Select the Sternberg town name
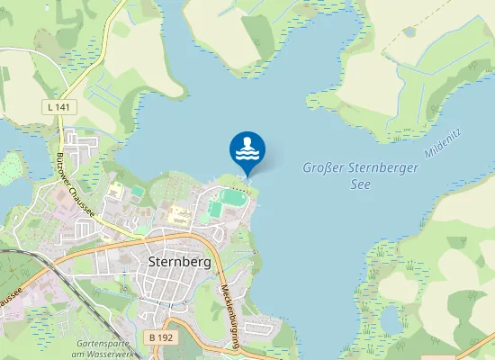coord(177,262)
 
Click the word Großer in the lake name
coord(323,167)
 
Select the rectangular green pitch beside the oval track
coord(215,210)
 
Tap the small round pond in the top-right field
coord(410,32)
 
